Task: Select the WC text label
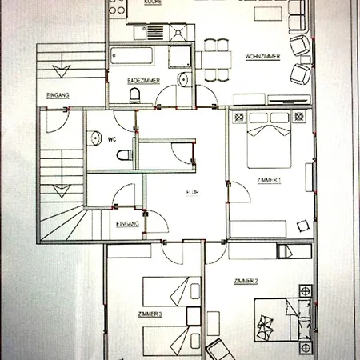click(x=113, y=138)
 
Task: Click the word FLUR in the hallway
click(x=192, y=192)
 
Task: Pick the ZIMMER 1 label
click(x=268, y=181)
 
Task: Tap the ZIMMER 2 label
click(x=245, y=281)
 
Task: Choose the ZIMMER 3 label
click(x=150, y=314)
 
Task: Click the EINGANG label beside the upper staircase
click(x=58, y=95)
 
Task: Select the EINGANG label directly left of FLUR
click(x=128, y=224)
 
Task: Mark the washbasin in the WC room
click(x=92, y=138)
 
